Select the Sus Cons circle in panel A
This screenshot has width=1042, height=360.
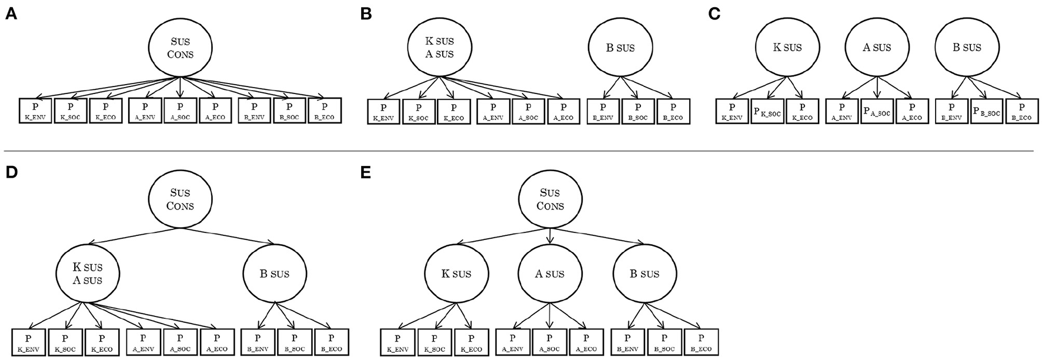(180, 49)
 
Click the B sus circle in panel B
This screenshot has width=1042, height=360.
(620, 48)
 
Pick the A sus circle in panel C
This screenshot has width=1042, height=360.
(877, 48)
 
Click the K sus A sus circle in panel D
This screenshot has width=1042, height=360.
(87, 274)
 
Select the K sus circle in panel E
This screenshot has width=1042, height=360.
(456, 274)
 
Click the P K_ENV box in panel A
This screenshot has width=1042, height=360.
(35, 111)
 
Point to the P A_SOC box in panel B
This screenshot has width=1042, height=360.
(528, 112)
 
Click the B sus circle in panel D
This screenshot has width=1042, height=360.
(274, 274)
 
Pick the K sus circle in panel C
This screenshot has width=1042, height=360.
(787, 48)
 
